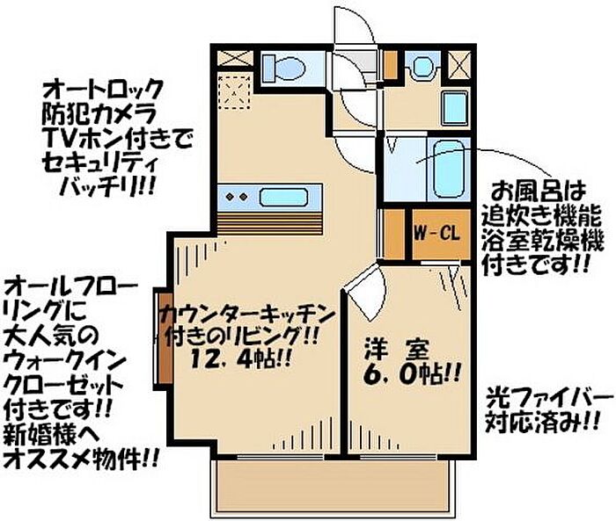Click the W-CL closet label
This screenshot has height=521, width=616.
(436, 235)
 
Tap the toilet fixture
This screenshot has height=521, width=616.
(284, 67)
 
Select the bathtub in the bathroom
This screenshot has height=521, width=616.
(450, 169)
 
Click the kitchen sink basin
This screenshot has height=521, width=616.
(283, 198)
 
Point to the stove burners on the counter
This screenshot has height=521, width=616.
(237, 196)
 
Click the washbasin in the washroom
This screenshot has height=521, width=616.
(422, 66)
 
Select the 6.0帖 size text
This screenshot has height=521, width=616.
(411, 374)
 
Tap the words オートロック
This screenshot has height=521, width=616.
(103, 90)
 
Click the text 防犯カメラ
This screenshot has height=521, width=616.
(99, 114)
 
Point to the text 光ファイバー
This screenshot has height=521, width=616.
(549, 400)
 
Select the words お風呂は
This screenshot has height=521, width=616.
(539, 192)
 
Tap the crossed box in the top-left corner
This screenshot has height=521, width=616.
(235, 58)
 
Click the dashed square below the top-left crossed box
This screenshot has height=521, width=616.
(234, 91)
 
